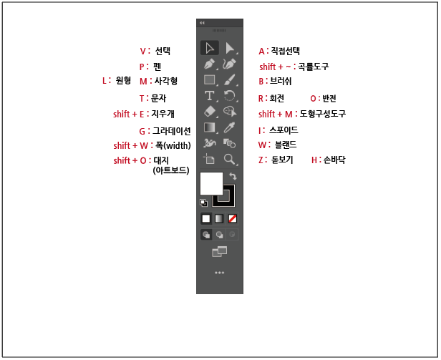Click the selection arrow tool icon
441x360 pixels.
[210, 48]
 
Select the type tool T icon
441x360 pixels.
[210, 96]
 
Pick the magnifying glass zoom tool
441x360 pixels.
[230, 160]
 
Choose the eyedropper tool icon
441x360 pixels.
[230, 128]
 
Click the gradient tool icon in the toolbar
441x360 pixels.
[210, 128]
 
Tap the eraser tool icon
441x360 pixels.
[210, 112]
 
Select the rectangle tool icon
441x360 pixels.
[210, 80]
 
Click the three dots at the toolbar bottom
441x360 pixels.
[220, 273]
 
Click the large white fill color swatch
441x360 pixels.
[211, 183]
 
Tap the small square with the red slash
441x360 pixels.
[233, 218]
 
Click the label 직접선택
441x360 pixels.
[286, 51]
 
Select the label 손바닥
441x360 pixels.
[334, 160]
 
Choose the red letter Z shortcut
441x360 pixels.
[261, 160]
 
